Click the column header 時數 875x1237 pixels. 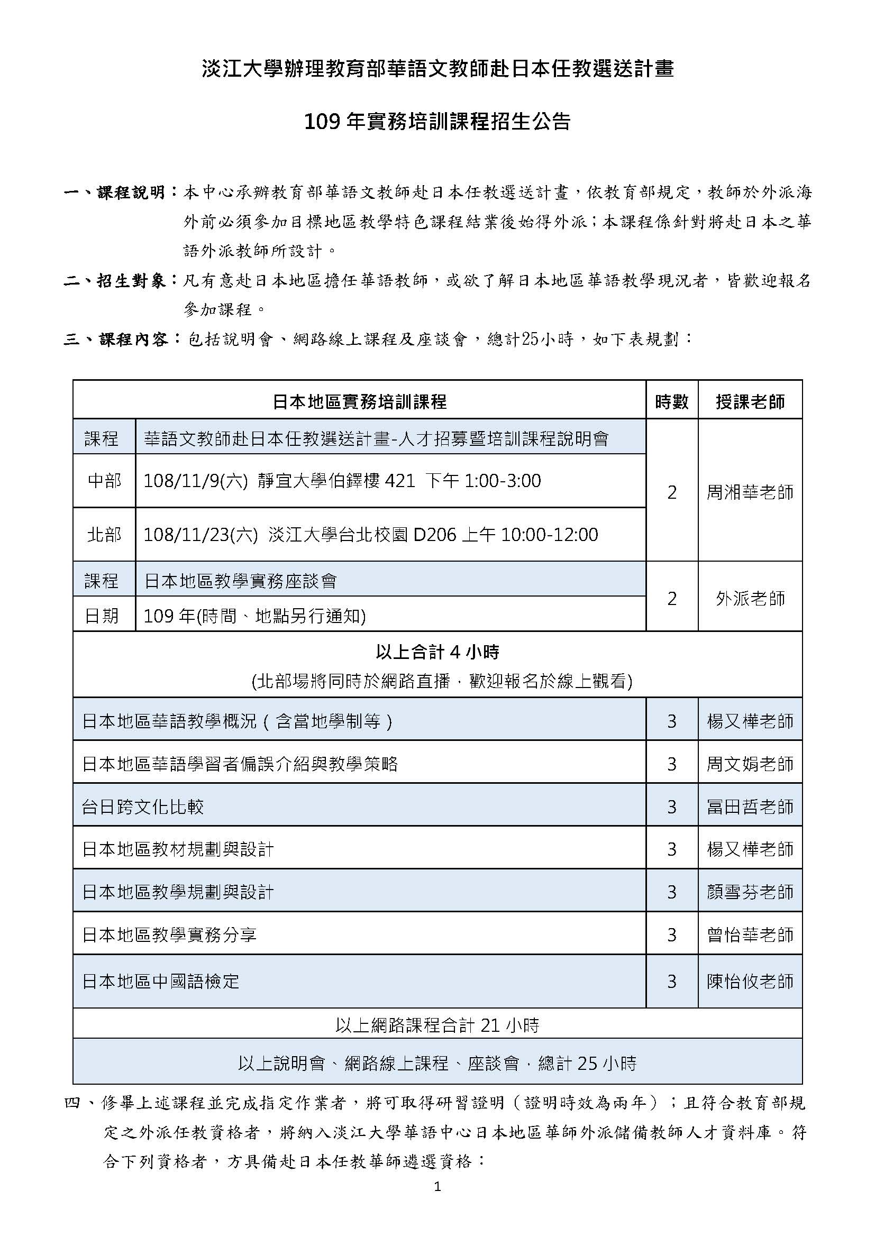pos(671,401)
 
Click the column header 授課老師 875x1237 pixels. pos(750,401)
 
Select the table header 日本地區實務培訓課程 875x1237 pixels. pos(359,401)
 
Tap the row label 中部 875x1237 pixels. pos(104,480)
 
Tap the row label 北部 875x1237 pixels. pos(104,534)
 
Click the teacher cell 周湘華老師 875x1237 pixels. pos(750,492)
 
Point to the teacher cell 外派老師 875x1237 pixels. pos(750,598)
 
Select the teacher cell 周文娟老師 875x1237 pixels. pos(750,764)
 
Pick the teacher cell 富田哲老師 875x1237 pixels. pos(750,807)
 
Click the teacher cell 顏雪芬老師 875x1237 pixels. pos(750,892)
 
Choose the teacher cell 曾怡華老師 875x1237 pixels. pos(750,934)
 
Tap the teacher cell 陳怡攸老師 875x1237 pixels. pos(750,981)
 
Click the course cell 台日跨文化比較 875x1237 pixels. pos(143,807)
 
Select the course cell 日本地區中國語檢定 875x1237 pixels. pos(161,981)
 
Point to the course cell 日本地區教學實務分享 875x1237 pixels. pos(169,934)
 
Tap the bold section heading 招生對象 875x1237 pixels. pos(132,281)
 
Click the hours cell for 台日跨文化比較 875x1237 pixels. pos(671,807)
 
